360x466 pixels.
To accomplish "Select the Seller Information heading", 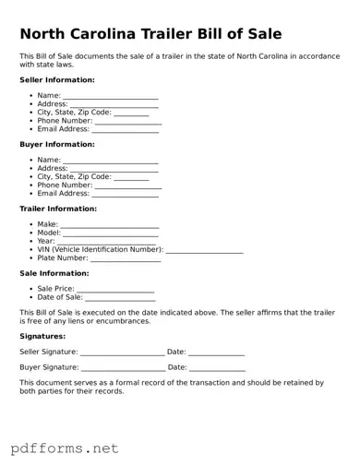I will tap(57, 80).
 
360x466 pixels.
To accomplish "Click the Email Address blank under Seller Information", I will tap(126, 130).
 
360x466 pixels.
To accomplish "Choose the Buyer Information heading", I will tap(57, 145).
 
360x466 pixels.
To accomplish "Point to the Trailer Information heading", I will tap(58, 209).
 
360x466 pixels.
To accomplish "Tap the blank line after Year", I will tap(108, 243).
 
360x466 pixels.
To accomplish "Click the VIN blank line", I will tap(204, 251).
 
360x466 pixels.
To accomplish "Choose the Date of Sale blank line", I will tap(121, 299).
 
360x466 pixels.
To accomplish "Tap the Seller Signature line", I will tap(122, 353).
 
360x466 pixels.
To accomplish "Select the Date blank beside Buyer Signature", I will tap(217, 368).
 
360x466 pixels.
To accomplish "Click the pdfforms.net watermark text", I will tap(65, 448).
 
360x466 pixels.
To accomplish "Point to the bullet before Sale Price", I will tap(31, 289).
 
